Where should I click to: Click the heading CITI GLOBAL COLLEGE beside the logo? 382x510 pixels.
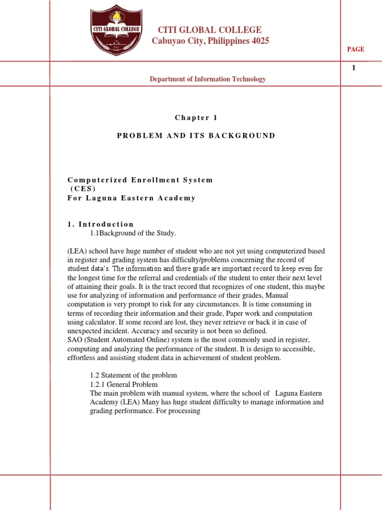(x=209, y=30)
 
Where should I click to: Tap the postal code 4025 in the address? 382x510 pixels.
(x=260, y=41)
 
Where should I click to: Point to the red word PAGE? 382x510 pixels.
(x=356, y=49)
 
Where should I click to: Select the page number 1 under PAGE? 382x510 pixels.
(x=354, y=68)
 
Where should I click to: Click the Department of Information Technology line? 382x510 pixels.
(x=208, y=79)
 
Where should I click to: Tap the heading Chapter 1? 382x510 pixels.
(x=196, y=118)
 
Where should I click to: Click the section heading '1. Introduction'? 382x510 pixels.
(x=101, y=224)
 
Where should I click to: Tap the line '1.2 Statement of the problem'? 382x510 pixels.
(x=133, y=375)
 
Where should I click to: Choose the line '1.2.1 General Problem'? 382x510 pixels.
(x=124, y=384)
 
